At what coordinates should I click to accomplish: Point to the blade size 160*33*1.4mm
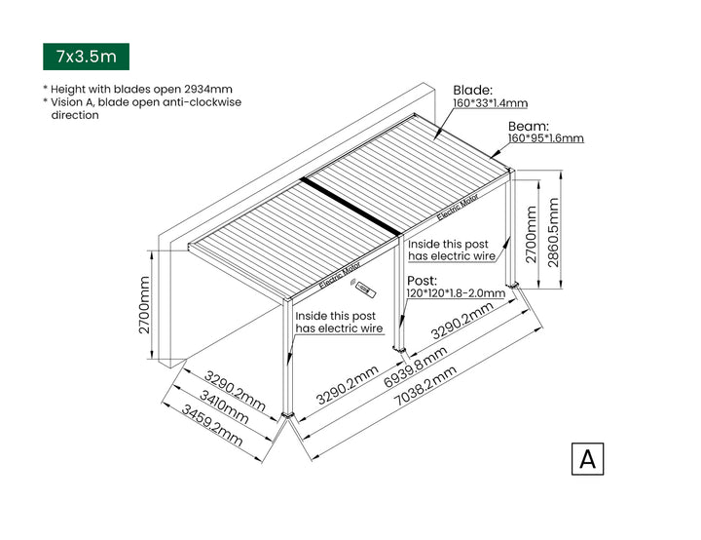click(491, 102)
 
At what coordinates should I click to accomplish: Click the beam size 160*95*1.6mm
click(546, 138)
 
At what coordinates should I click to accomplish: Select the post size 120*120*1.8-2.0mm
click(456, 292)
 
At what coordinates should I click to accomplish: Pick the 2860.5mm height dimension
click(554, 230)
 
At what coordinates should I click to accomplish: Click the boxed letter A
click(587, 458)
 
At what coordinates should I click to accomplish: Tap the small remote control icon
click(366, 289)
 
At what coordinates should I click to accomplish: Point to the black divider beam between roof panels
click(350, 207)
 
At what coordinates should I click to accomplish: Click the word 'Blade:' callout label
click(473, 89)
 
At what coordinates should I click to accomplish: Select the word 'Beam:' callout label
click(529, 126)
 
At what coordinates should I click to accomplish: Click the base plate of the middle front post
click(399, 347)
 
